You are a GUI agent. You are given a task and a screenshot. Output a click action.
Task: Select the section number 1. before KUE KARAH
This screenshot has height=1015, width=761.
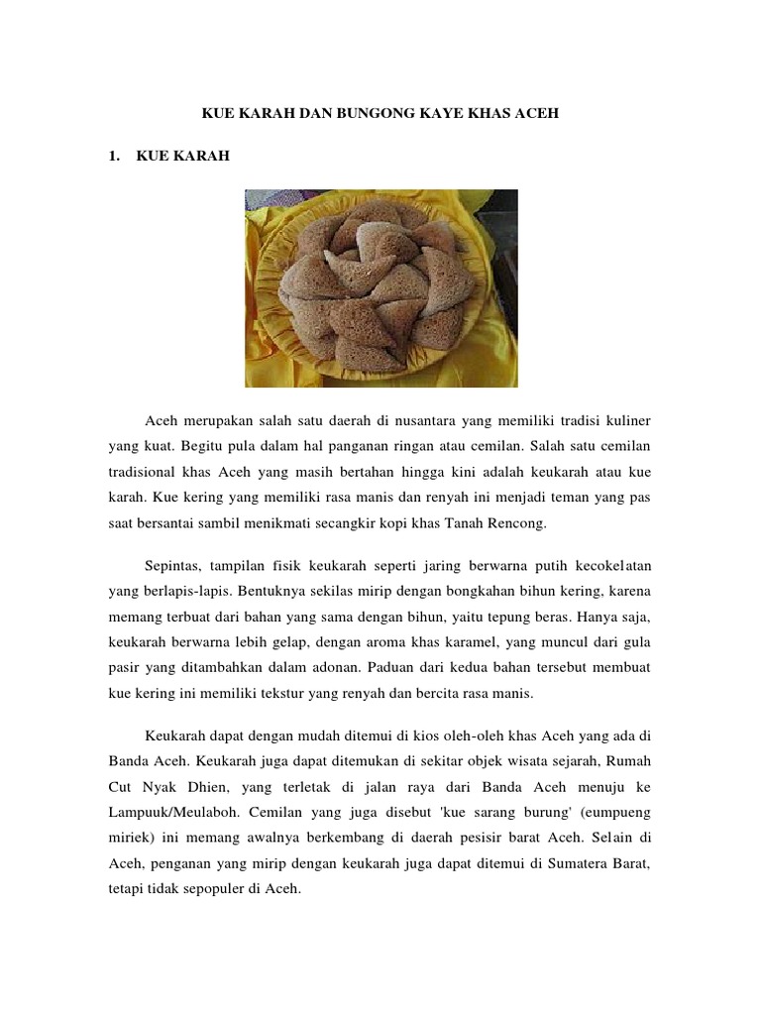(115, 156)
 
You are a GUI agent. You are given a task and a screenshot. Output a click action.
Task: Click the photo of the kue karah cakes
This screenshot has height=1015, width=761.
(381, 287)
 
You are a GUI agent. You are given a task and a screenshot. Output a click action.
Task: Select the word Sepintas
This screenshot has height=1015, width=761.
(173, 565)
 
